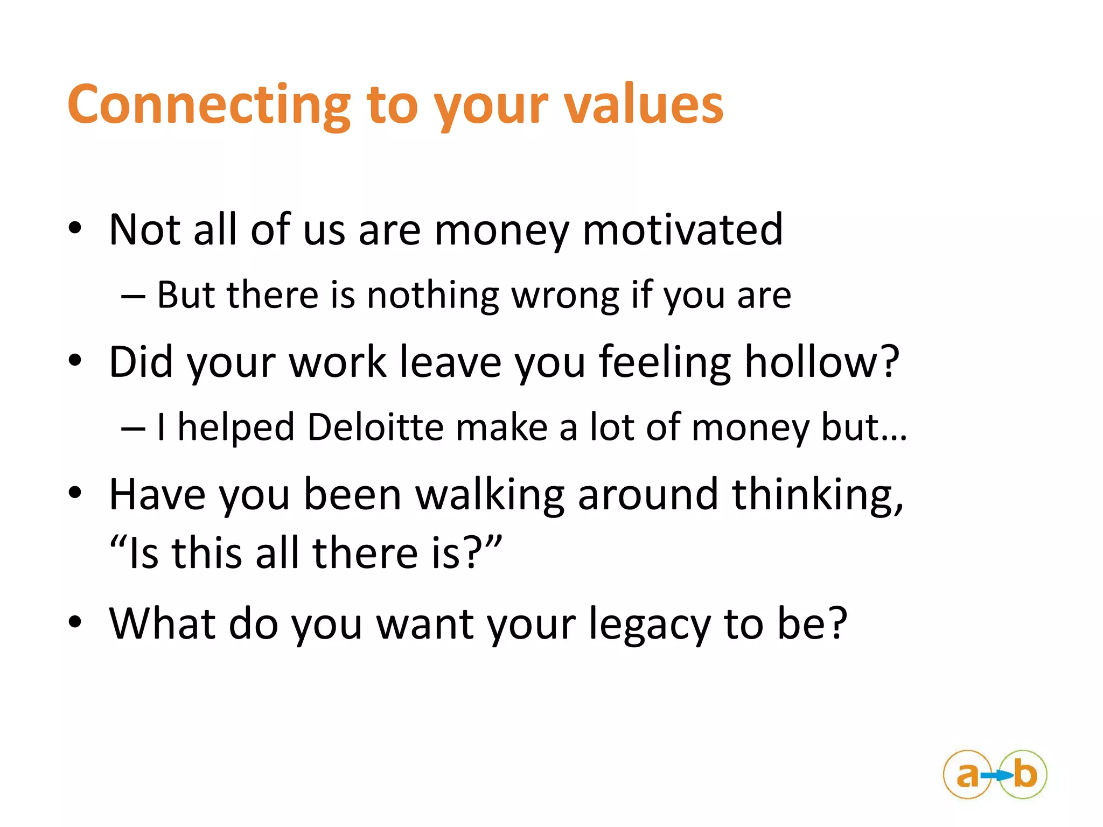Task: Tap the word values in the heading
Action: point(644,105)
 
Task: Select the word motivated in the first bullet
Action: point(682,230)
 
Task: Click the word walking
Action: point(490,494)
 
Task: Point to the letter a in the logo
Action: point(967,775)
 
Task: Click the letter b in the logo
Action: point(1025,774)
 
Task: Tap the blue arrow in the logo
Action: point(997,775)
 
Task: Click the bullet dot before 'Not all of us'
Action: point(75,229)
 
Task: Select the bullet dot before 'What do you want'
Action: point(75,622)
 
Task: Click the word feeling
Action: point(665,362)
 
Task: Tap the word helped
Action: point(236,427)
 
